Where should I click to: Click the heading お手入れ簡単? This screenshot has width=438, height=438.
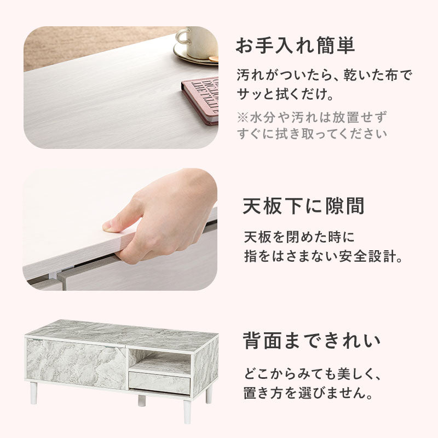[x=295, y=46]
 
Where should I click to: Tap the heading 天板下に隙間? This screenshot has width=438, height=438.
[x=303, y=206]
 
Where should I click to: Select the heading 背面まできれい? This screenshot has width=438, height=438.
[x=312, y=341]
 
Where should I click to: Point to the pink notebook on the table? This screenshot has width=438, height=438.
[x=200, y=99]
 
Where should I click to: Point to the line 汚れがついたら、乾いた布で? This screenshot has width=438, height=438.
[x=324, y=74]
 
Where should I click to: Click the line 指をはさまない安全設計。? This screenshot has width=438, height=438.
[x=323, y=256]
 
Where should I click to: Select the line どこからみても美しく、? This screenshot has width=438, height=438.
[x=312, y=375]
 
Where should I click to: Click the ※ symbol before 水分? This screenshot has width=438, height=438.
[x=243, y=117]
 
